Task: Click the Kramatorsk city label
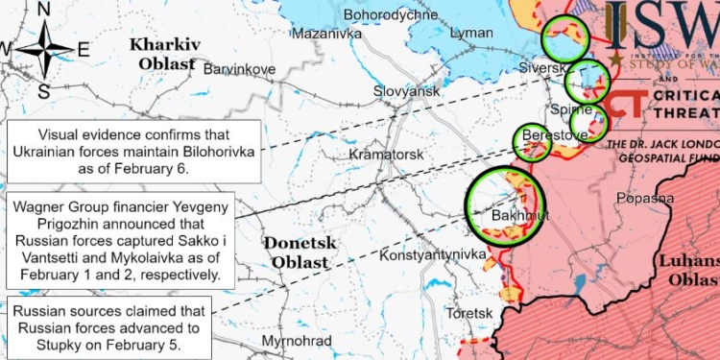(387, 154)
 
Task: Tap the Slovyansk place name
(406, 90)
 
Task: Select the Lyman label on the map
(471, 33)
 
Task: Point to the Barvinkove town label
(240, 69)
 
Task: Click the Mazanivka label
(326, 33)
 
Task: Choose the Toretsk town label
(469, 314)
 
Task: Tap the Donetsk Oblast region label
(300, 252)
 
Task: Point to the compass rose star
(44, 50)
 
